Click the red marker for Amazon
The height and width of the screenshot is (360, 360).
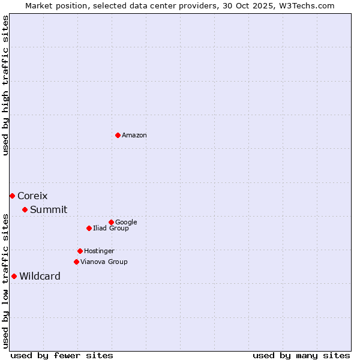[118, 135]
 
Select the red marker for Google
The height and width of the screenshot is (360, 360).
[111, 222]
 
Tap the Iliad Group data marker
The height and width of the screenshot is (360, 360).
[89, 228]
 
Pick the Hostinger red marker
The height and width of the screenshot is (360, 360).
[80, 251]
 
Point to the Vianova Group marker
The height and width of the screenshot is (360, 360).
[76, 262]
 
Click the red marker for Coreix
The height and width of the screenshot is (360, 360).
[12, 196]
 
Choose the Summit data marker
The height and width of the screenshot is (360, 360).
[25, 209]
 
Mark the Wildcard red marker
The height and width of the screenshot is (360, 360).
[14, 276]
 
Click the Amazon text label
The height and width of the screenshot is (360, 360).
[134, 135]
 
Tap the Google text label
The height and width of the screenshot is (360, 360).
[126, 222]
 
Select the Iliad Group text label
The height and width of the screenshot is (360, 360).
[110, 228]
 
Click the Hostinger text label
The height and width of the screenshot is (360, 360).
[99, 251]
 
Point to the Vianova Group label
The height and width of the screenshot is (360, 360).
[104, 262]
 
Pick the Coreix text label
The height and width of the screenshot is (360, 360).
[32, 196]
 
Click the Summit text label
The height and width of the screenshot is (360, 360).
[49, 209]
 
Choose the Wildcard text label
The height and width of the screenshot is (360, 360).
[40, 276]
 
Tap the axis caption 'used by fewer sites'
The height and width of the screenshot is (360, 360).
[62, 355]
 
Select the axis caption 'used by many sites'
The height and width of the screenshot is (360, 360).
[301, 355]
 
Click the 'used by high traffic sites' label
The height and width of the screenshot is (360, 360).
[5, 85]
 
